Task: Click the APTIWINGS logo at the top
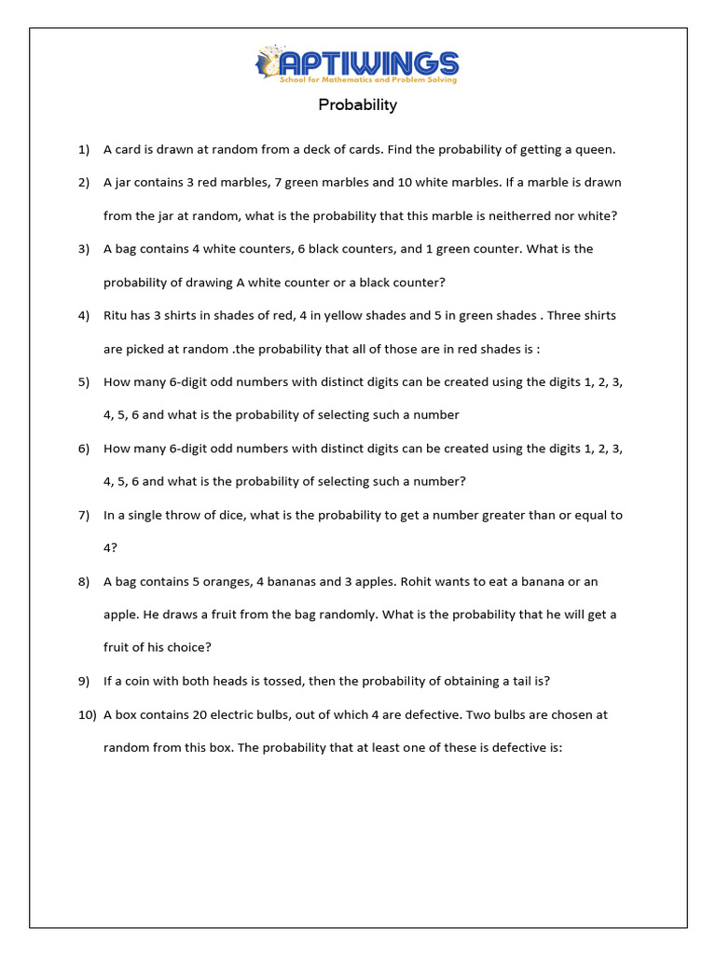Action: tap(358, 65)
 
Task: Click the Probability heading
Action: tap(358, 104)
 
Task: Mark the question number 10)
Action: tap(87, 715)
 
